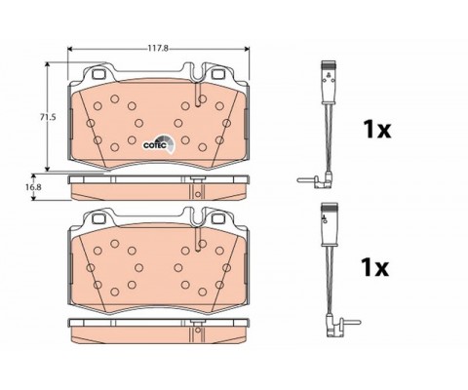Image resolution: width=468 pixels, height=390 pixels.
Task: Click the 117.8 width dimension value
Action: click(x=158, y=49)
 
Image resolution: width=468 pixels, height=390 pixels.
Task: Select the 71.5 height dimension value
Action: click(x=48, y=117)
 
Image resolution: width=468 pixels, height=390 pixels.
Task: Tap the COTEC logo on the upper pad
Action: click(x=159, y=144)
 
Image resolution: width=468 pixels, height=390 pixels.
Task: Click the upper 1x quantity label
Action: click(x=377, y=129)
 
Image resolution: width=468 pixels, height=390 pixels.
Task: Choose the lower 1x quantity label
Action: click(x=375, y=267)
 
